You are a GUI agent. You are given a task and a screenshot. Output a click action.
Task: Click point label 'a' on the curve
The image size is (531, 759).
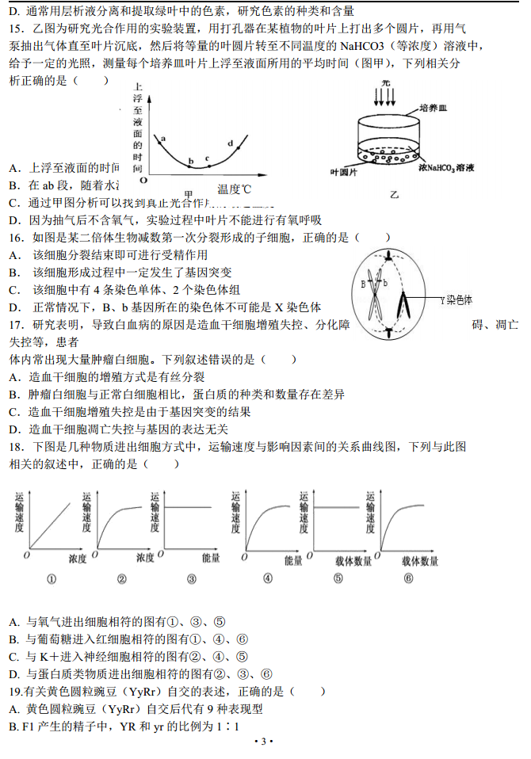pos(163,139)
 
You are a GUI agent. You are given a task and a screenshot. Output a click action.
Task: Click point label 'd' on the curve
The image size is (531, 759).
pos(229,143)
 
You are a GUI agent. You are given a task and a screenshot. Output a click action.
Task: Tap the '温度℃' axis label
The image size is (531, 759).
pos(234,189)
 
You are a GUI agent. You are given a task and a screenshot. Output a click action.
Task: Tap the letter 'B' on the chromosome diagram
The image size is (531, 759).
pos(364,283)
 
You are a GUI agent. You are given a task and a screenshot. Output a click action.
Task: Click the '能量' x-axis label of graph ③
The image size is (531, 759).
pos(210,559)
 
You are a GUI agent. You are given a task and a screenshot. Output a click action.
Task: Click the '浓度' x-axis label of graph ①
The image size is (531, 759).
pos(77,559)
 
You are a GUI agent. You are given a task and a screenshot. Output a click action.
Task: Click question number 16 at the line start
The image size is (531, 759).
pos(15,238)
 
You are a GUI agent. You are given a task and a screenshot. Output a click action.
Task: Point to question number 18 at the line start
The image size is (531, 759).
pos(15,447)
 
